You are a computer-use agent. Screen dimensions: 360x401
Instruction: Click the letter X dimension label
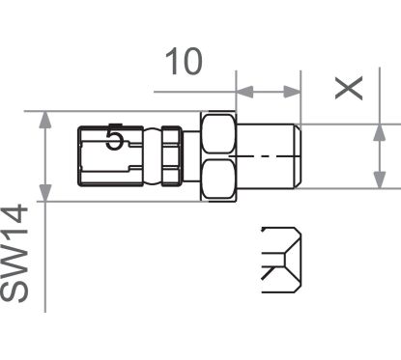350,88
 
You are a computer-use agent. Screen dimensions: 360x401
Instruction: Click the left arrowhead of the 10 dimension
244,94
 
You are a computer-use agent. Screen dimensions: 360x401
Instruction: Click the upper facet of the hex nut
218,134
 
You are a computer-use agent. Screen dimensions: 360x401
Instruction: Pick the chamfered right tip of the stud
304,155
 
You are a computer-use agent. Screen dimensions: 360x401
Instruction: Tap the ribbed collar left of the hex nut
169,155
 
